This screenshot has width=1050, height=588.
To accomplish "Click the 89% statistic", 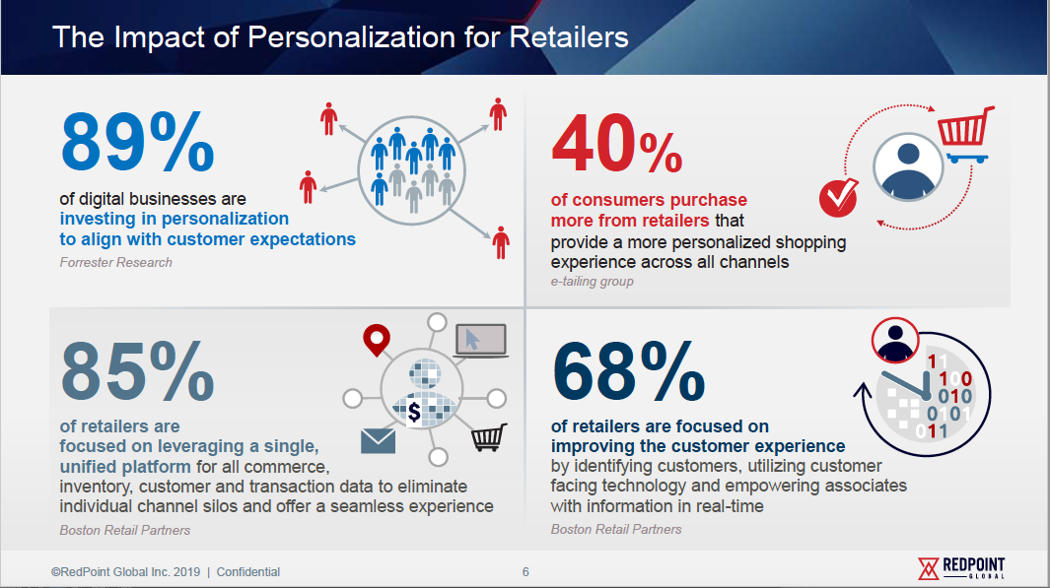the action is coord(137,141).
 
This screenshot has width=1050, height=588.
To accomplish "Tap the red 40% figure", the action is coord(617,144).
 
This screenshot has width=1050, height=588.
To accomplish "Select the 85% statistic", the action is coord(137,371).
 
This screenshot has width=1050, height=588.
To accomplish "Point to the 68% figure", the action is coord(628,371).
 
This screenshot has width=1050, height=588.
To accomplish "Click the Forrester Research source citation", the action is coord(116,262).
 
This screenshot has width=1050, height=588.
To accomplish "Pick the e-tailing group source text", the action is coord(592,282).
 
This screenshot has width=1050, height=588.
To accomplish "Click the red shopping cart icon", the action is coord(965,135).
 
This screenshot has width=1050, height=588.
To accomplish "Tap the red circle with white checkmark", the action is coord(838,197).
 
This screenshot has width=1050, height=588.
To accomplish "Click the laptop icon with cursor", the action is coord(481,341).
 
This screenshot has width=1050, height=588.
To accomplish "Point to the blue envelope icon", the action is coord(378,441).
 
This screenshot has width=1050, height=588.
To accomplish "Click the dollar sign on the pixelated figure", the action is coord(414,412).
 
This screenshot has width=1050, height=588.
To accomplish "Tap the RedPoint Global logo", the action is coord(961,568).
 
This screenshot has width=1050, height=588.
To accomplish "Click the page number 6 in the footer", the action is coord(525,572).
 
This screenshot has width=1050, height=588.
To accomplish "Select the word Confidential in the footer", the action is coord(247,572).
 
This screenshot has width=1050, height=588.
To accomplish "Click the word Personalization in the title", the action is coord(352,37).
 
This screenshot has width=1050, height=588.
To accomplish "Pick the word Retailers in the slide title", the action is coord(569,37).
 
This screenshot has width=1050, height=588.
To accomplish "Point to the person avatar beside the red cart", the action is coord(908,167).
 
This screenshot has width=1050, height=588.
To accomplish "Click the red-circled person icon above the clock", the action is coord(895,340).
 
